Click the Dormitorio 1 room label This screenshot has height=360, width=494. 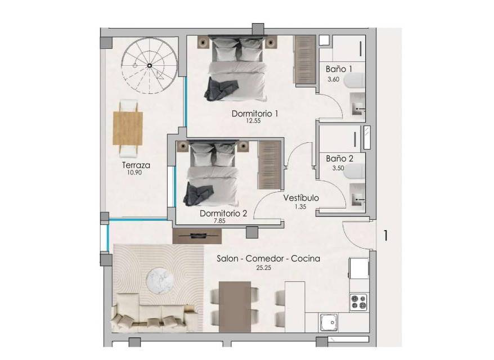coord(255,114)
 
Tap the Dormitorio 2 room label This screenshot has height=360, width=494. coord(223,213)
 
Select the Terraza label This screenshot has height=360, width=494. coord(136,165)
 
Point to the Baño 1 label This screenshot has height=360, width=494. coord(339,69)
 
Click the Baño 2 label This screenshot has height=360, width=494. coord(340,159)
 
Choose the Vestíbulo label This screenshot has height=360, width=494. coord(301,198)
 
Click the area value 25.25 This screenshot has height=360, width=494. coord(264,268)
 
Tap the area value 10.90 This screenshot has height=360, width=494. coord(134,173)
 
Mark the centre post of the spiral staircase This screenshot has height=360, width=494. coord(150,65)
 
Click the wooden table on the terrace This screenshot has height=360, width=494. coord(128,128)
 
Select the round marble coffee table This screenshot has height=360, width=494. coord(159,279)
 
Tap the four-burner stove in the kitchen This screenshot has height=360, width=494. coord(359,301)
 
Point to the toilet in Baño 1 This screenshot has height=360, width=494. coord(355,81)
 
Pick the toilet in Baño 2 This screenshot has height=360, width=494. coord(355,171)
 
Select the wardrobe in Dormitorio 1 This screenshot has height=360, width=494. coord(305,60)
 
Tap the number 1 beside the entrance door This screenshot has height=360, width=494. coord(385,236)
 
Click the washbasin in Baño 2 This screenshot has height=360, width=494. coord(358,196)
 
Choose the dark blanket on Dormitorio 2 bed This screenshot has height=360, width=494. coord(199,193)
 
